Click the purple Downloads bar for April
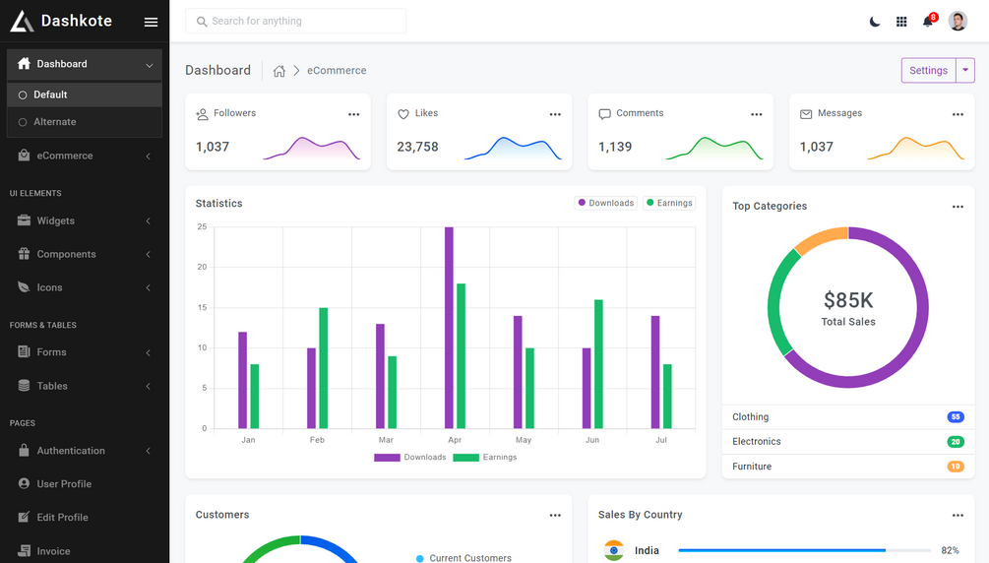[x=449, y=328]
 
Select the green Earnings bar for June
[x=598, y=364]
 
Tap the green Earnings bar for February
[x=323, y=368]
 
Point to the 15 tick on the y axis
[x=202, y=308]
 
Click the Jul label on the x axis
[x=661, y=440]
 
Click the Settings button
[x=928, y=71]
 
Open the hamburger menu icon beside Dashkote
[x=151, y=22]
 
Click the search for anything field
[x=295, y=21]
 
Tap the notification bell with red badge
[x=928, y=22]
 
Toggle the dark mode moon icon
[x=874, y=22]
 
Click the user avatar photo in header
[x=958, y=22]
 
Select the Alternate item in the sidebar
[x=55, y=122]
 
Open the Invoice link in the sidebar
[x=53, y=551]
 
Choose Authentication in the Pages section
[x=71, y=451]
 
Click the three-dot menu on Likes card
[x=555, y=115]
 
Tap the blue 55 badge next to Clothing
[x=955, y=417]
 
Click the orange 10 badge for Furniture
[x=955, y=467]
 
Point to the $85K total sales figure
[x=848, y=300]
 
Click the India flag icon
[x=614, y=550]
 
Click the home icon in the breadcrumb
[x=279, y=71]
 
